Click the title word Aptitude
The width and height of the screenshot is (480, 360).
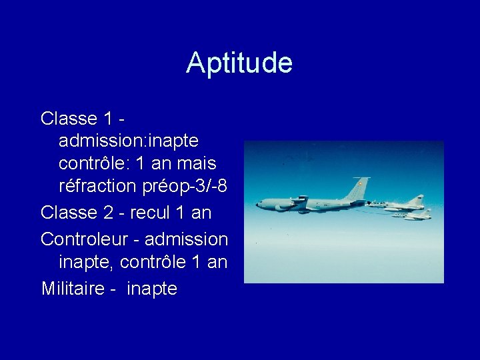tap(239, 63)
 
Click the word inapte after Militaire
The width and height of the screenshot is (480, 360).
tap(151, 289)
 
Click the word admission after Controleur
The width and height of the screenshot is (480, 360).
tap(186, 238)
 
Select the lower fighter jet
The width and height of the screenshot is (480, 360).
tap(413, 215)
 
